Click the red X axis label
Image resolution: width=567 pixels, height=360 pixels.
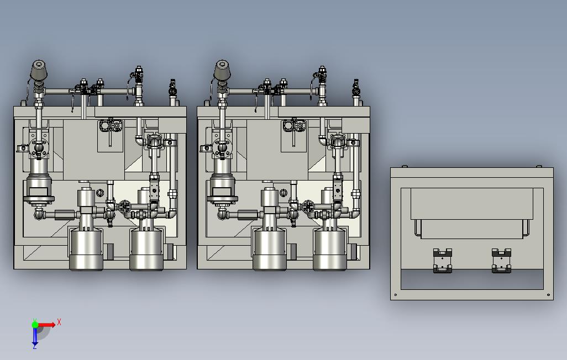pos(59,322)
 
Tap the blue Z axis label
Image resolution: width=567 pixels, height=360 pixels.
pos(35,346)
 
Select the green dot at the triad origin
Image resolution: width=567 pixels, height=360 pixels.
pos(35,324)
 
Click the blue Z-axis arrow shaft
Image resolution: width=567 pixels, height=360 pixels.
pos(35,335)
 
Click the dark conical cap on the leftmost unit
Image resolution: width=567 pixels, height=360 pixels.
pos(39,70)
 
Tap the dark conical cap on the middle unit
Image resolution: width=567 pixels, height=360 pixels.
pos(222,70)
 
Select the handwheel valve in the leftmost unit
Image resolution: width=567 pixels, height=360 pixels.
pos(125,207)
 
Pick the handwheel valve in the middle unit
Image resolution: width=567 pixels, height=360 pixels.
pos(308,207)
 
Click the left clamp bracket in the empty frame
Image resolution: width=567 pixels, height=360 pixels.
pos(443,260)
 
